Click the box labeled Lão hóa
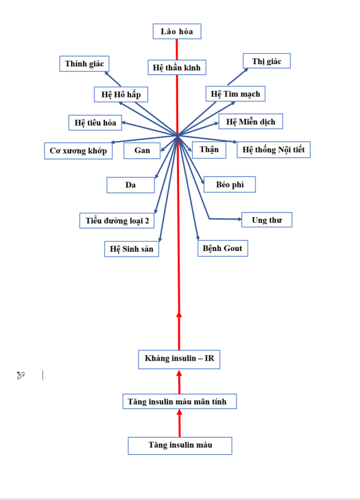coord(177,32)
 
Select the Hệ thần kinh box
coord(177,67)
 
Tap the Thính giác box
coord(85,63)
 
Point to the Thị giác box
coord(267,61)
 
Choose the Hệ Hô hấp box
coord(121,94)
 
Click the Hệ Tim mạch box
coord(235,94)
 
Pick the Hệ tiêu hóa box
coord(95,123)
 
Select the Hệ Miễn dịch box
coord(251,122)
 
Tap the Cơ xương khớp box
coord(78,151)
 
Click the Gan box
coord(143,151)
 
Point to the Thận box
coord(209,150)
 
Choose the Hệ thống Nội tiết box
coord(274,150)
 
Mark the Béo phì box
coord(230,185)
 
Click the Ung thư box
coord(267,220)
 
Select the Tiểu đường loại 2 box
coord(117,221)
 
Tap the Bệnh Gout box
coord(223,248)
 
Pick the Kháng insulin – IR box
coord(179,359)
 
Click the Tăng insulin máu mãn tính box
coord(181,402)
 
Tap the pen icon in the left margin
coord(21,375)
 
